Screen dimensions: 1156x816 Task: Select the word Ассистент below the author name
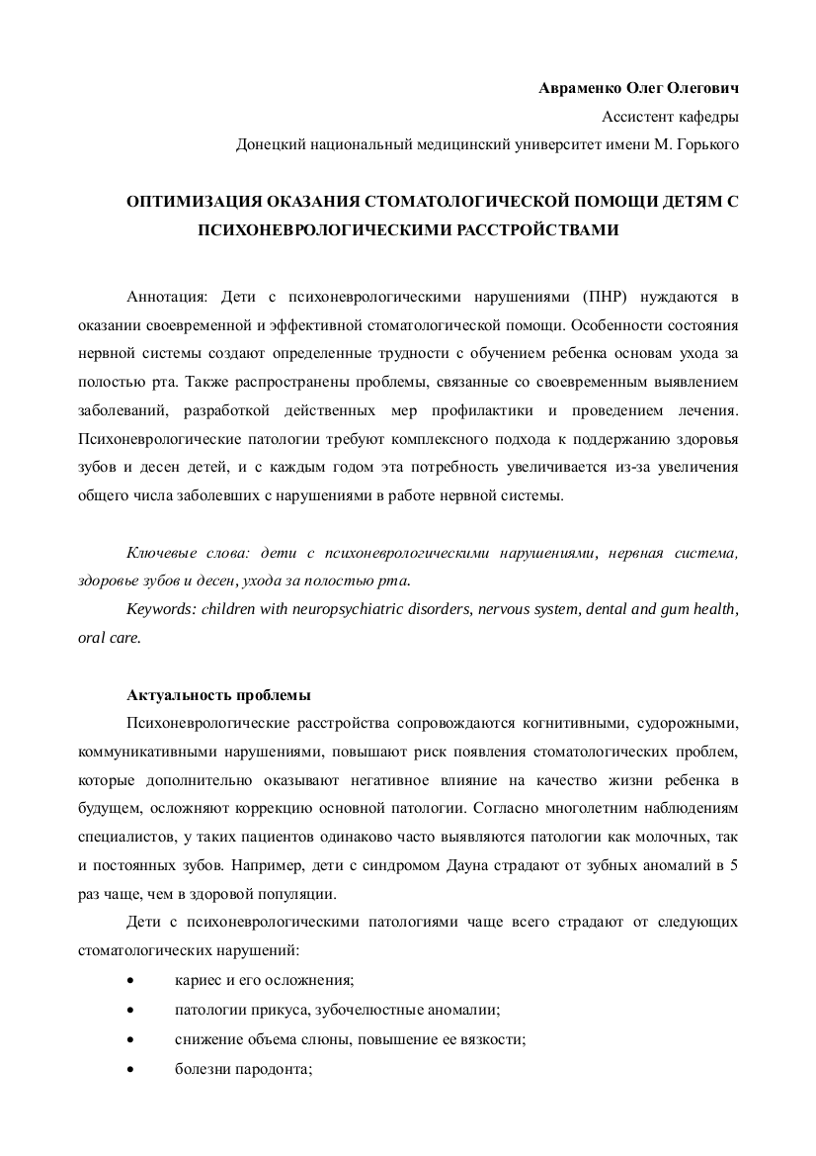(x=636, y=116)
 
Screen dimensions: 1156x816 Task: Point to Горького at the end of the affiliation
(x=707, y=144)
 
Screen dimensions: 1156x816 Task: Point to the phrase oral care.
(x=110, y=637)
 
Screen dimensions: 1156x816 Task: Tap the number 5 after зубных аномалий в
(x=733, y=866)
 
